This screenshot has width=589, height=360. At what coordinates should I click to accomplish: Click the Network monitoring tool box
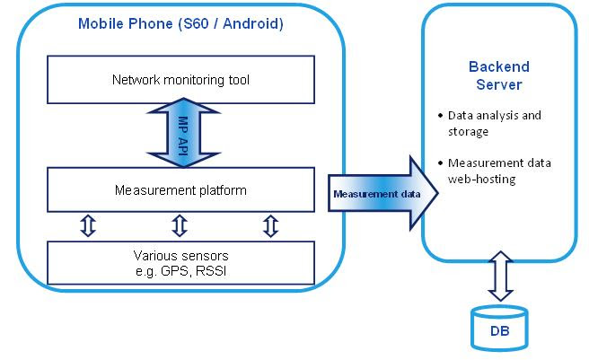point(180,81)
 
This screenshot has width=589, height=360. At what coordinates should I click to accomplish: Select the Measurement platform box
point(180,190)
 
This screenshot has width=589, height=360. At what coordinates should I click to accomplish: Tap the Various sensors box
point(180,261)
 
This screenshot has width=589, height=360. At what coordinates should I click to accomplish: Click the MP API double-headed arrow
point(180,136)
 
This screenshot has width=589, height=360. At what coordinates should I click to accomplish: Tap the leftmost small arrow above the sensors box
point(87,225)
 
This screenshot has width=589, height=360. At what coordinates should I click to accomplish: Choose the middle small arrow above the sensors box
point(180,225)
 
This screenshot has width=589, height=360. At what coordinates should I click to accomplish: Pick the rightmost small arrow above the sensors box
point(271,225)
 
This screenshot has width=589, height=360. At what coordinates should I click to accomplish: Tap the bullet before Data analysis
point(440,117)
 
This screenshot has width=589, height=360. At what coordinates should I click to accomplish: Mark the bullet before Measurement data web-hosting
point(440,162)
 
